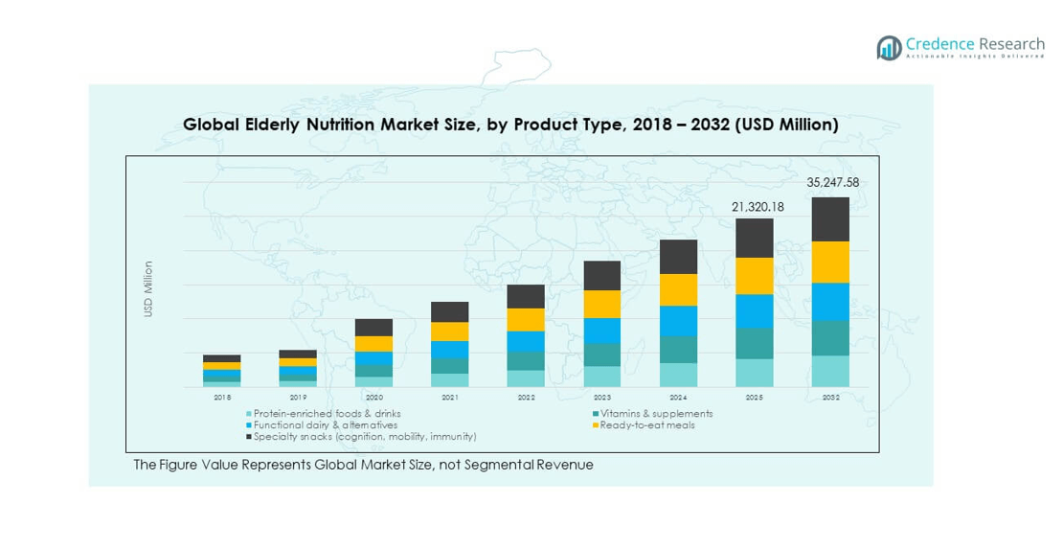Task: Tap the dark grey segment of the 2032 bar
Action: tap(830, 219)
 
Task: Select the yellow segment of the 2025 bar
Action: tap(754, 276)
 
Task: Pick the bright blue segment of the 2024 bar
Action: tap(678, 321)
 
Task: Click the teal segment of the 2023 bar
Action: tap(602, 355)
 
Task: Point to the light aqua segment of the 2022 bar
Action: tap(526, 378)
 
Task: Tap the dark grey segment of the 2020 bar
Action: tap(373, 328)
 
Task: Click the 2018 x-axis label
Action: tap(222, 397)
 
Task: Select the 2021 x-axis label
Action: tap(450, 397)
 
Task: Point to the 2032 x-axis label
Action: tap(830, 397)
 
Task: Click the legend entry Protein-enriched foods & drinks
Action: tap(327, 414)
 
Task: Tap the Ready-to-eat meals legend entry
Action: tap(647, 424)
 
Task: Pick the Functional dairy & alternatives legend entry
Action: tap(326, 424)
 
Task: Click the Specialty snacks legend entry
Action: tap(364, 436)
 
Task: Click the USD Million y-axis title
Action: tap(148, 288)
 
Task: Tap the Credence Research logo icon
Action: tap(890, 47)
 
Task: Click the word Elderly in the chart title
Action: tap(275, 125)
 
